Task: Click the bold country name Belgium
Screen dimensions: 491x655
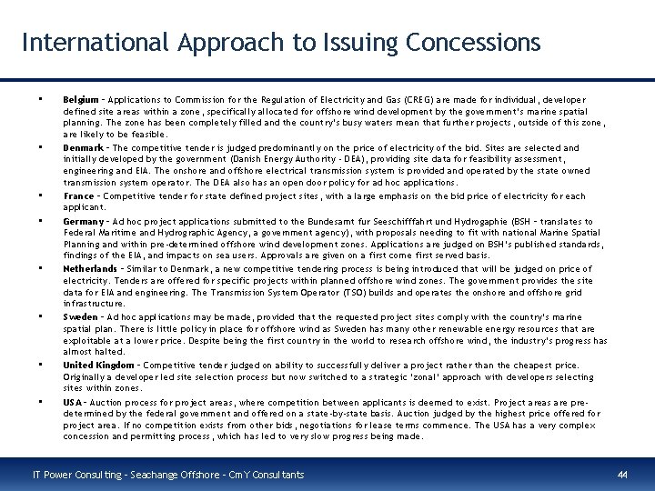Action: [78, 99]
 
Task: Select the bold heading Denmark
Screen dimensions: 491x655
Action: [81, 147]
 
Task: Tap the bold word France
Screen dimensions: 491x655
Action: [78, 195]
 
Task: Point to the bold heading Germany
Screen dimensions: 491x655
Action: [82, 221]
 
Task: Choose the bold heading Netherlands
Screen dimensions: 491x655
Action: [89, 269]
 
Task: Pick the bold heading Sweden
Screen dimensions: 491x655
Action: [79, 316]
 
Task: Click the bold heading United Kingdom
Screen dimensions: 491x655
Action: [98, 365]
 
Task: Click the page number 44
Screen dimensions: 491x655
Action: [622, 475]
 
